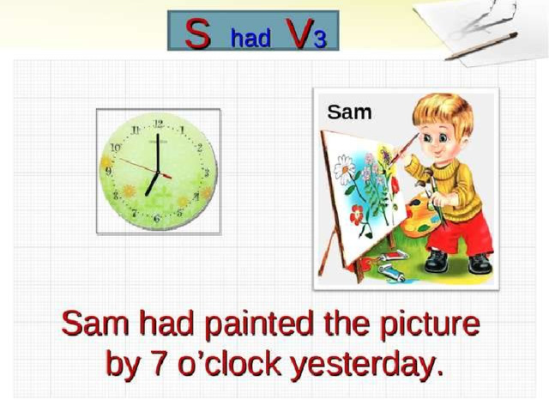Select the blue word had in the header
coord(250,38)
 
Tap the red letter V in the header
coord(299,33)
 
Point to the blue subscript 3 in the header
coord(320,39)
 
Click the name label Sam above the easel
coord(349,112)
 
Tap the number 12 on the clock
coord(158,124)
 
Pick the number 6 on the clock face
coord(157,219)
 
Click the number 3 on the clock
coord(207,173)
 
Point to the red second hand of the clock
coord(145,168)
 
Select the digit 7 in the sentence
coord(160,364)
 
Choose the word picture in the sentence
coord(430,324)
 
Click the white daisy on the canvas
coord(344,169)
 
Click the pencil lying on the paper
coord(481,45)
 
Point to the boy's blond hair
coord(443,112)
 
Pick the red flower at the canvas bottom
coord(357,215)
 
